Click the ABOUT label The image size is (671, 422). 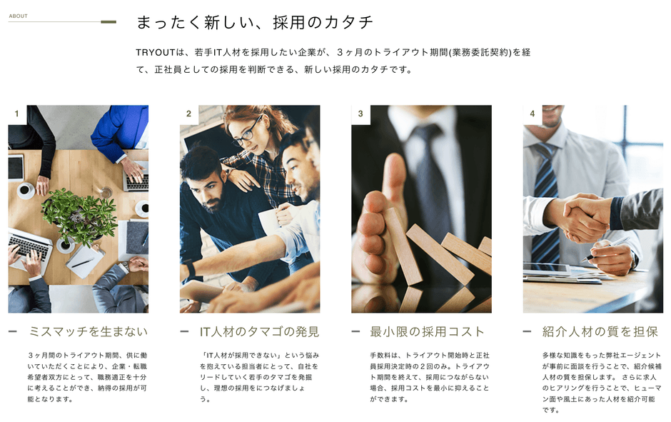[18, 16]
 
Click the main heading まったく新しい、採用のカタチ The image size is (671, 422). [255, 22]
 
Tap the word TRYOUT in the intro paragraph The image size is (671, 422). [156, 53]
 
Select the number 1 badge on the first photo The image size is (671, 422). [16, 114]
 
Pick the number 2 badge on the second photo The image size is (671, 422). [188, 114]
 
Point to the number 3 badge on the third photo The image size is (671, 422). [360, 114]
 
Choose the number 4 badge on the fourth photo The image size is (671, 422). [533, 114]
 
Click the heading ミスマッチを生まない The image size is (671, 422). [88, 332]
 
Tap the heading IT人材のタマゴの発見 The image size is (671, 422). [259, 332]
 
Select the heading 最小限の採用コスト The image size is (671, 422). [427, 332]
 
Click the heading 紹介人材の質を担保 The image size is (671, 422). [600, 332]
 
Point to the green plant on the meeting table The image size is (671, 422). [79, 216]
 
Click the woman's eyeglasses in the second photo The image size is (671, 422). [246, 132]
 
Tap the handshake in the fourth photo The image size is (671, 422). [584, 217]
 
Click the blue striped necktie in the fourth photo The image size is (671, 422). [545, 201]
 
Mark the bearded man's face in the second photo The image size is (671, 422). [207, 189]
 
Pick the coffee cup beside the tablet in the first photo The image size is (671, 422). [25, 190]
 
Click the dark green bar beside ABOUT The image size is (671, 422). [109, 22]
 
